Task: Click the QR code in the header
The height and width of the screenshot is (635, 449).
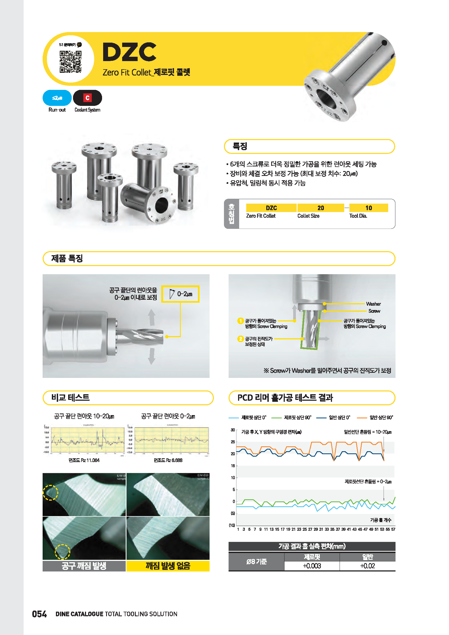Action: [71, 61]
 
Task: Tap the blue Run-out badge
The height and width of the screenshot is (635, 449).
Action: [57, 98]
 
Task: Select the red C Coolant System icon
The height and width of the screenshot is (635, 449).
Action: [87, 98]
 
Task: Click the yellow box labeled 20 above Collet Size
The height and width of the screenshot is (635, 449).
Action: [320, 208]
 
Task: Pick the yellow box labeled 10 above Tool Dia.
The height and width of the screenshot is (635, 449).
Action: [368, 208]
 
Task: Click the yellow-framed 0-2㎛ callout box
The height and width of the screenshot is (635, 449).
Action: [180, 294]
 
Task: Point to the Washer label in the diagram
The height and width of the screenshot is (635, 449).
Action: [373, 304]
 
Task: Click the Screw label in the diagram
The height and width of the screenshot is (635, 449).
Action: [374, 311]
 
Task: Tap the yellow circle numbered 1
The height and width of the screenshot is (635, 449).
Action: [240, 321]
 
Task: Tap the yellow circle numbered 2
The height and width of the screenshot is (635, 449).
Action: [240, 339]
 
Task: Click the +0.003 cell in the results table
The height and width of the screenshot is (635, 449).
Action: [312, 566]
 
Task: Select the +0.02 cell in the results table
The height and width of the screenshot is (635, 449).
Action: [367, 566]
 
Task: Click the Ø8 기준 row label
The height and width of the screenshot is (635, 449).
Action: [256, 561]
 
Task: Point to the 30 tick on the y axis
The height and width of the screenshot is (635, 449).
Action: [233, 430]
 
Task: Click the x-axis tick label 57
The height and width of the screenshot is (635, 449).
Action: [393, 529]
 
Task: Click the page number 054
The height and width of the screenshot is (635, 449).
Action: [39, 614]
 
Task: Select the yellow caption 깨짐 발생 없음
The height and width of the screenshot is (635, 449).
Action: [168, 566]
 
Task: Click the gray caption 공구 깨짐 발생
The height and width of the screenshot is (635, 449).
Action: [84, 566]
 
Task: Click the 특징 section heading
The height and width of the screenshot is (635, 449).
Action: [240, 146]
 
